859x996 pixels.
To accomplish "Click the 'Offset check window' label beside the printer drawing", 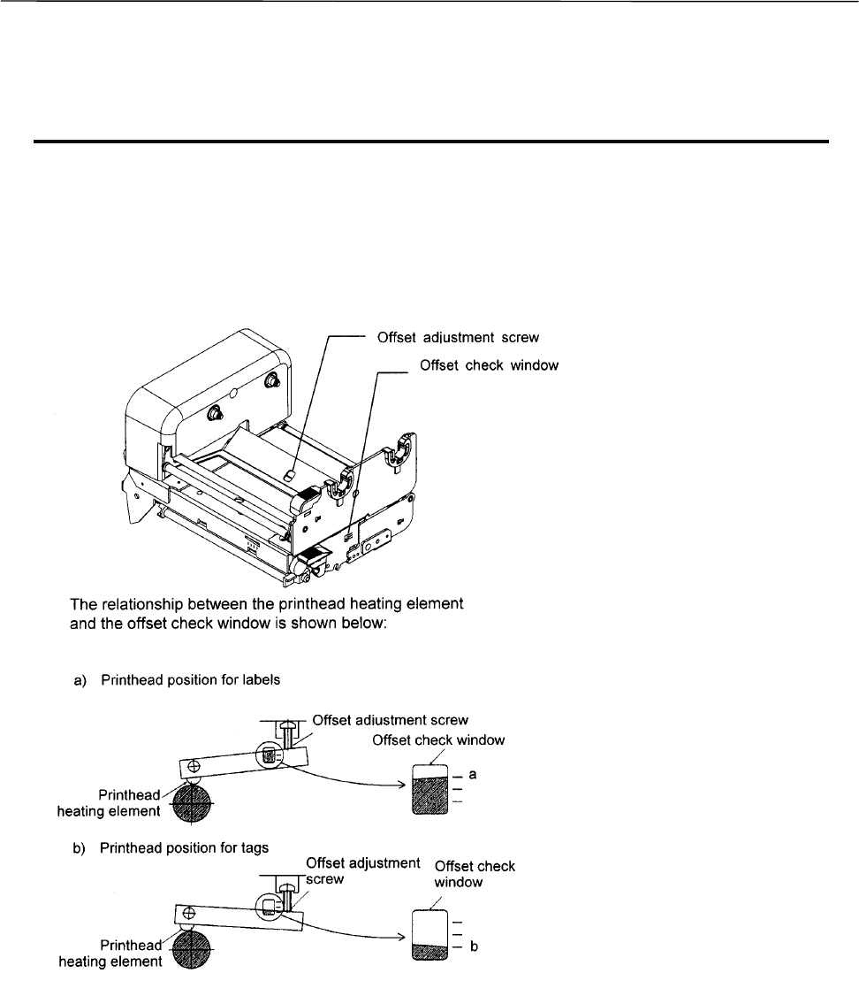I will (489, 366).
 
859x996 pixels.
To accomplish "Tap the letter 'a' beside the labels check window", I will (474, 774).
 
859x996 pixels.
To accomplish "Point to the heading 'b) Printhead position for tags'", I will (171, 847).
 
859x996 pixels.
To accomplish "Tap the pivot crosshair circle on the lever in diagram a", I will (194, 765).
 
